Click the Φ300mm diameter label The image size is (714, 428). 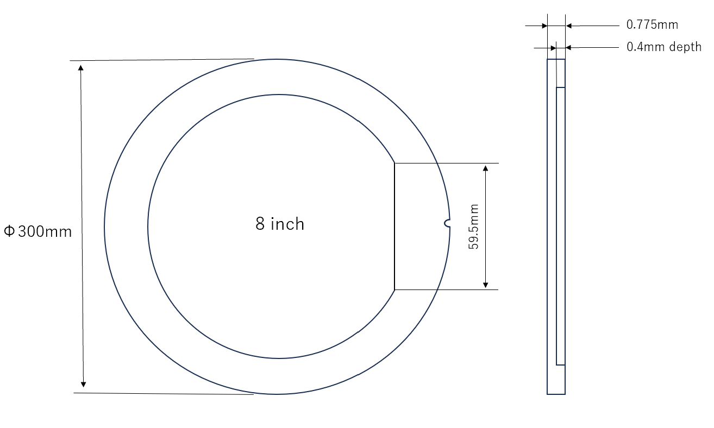[x=38, y=232]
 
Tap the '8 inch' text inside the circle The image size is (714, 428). [x=280, y=224]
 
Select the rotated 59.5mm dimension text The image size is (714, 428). [x=474, y=226]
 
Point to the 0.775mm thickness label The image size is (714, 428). [x=652, y=25]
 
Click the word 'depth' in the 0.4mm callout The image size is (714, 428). [x=685, y=47]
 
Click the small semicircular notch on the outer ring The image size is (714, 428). [x=447, y=223]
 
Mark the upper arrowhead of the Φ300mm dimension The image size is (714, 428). [x=81, y=67]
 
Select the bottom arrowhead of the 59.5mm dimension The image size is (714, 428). [x=485, y=285]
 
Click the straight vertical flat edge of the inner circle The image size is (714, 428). [x=394, y=226]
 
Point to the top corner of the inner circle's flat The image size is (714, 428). [x=394, y=163]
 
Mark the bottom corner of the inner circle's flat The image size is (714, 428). [x=394, y=289]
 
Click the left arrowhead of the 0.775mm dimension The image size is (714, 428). [x=544, y=26]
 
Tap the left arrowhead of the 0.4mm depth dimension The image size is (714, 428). [x=553, y=48]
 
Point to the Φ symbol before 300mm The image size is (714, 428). [x=9, y=232]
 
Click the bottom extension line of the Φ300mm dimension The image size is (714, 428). [x=163, y=394]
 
